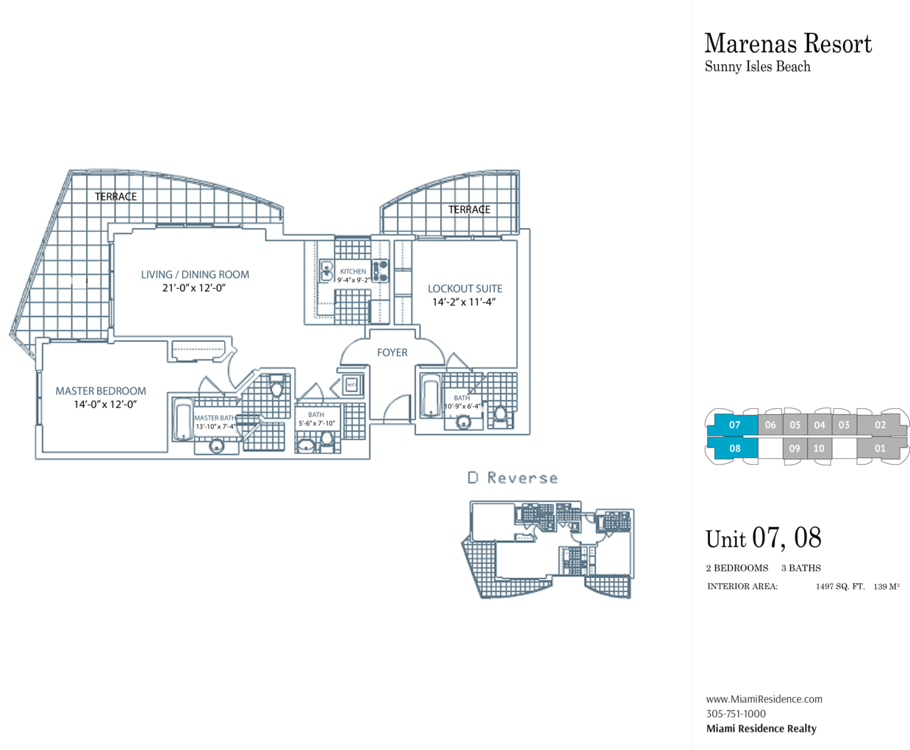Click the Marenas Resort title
[788, 44]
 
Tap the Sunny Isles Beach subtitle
[757, 67]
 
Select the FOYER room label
[393, 352]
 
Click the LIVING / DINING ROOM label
[195, 274]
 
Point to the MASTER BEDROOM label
[101, 391]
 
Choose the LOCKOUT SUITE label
[465, 289]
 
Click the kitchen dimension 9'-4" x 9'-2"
[354, 280]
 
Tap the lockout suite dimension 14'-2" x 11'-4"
[464, 302]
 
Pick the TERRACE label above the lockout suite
[470, 210]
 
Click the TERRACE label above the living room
[116, 196]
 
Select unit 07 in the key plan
[734, 425]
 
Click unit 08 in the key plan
[735, 449]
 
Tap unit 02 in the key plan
[880, 425]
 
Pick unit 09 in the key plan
[795, 449]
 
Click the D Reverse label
[512, 478]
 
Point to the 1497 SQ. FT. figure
[840, 587]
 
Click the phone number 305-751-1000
[736, 714]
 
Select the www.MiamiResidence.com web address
[764, 699]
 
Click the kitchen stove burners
[381, 271]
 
